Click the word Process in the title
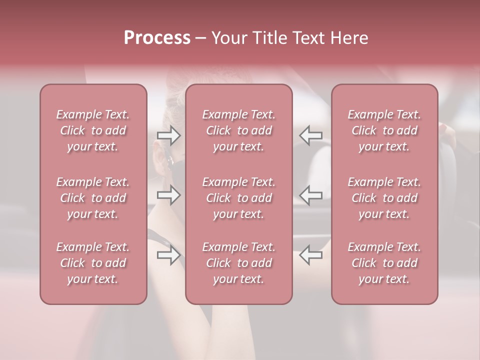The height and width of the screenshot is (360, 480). (x=157, y=38)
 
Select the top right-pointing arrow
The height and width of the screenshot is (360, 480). (x=169, y=135)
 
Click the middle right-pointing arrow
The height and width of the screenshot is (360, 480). (x=169, y=195)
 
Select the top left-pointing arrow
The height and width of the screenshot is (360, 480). (x=311, y=135)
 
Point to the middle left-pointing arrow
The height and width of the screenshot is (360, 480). (x=311, y=195)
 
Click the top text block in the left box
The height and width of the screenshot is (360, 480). (x=93, y=130)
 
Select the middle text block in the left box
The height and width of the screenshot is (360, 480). (x=93, y=198)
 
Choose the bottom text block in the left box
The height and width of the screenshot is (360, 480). (x=93, y=263)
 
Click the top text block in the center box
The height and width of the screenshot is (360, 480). (x=239, y=130)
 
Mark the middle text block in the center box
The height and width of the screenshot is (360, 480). (x=239, y=198)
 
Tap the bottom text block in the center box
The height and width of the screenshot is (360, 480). (x=239, y=263)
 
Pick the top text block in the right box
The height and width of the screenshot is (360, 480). (x=384, y=130)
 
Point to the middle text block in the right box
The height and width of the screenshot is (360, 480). (x=384, y=198)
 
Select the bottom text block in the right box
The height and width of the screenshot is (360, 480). (x=384, y=263)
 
